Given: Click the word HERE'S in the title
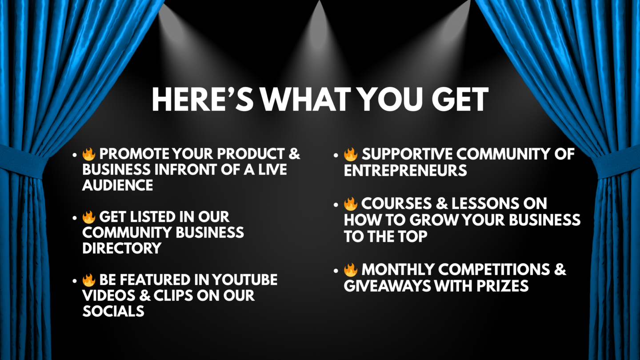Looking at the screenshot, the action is pyautogui.click(x=203, y=99).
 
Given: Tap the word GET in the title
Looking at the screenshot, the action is pyautogui.click(x=460, y=99).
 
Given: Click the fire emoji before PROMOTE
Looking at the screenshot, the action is pyautogui.click(x=88, y=154).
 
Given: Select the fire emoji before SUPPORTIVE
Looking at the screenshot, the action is pyautogui.click(x=351, y=154).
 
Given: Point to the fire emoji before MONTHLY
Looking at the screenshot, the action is pyautogui.click(x=351, y=270).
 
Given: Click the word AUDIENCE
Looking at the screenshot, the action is pyautogui.click(x=117, y=185).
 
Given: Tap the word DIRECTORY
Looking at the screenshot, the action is pyautogui.click(x=122, y=248).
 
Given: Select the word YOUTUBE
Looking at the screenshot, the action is pyautogui.click(x=244, y=280).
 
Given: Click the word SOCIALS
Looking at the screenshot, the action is pyautogui.click(x=113, y=311).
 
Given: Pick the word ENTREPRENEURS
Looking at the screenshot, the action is pyautogui.click(x=405, y=171).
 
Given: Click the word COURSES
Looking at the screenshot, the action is pyautogui.click(x=396, y=204).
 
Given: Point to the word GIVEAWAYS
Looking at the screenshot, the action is pyautogui.click(x=387, y=286).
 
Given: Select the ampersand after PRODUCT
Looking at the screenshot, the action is pyautogui.click(x=294, y=154).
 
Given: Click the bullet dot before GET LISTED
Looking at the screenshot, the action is pyautogui.click(x=75, y=218).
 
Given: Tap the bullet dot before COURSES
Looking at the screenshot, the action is pyautogui.click(x=336, y=204).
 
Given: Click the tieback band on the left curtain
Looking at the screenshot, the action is pyautogui.click(x=23, y=162).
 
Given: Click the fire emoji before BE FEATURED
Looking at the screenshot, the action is pyautogui.click(x=88, y=280).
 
